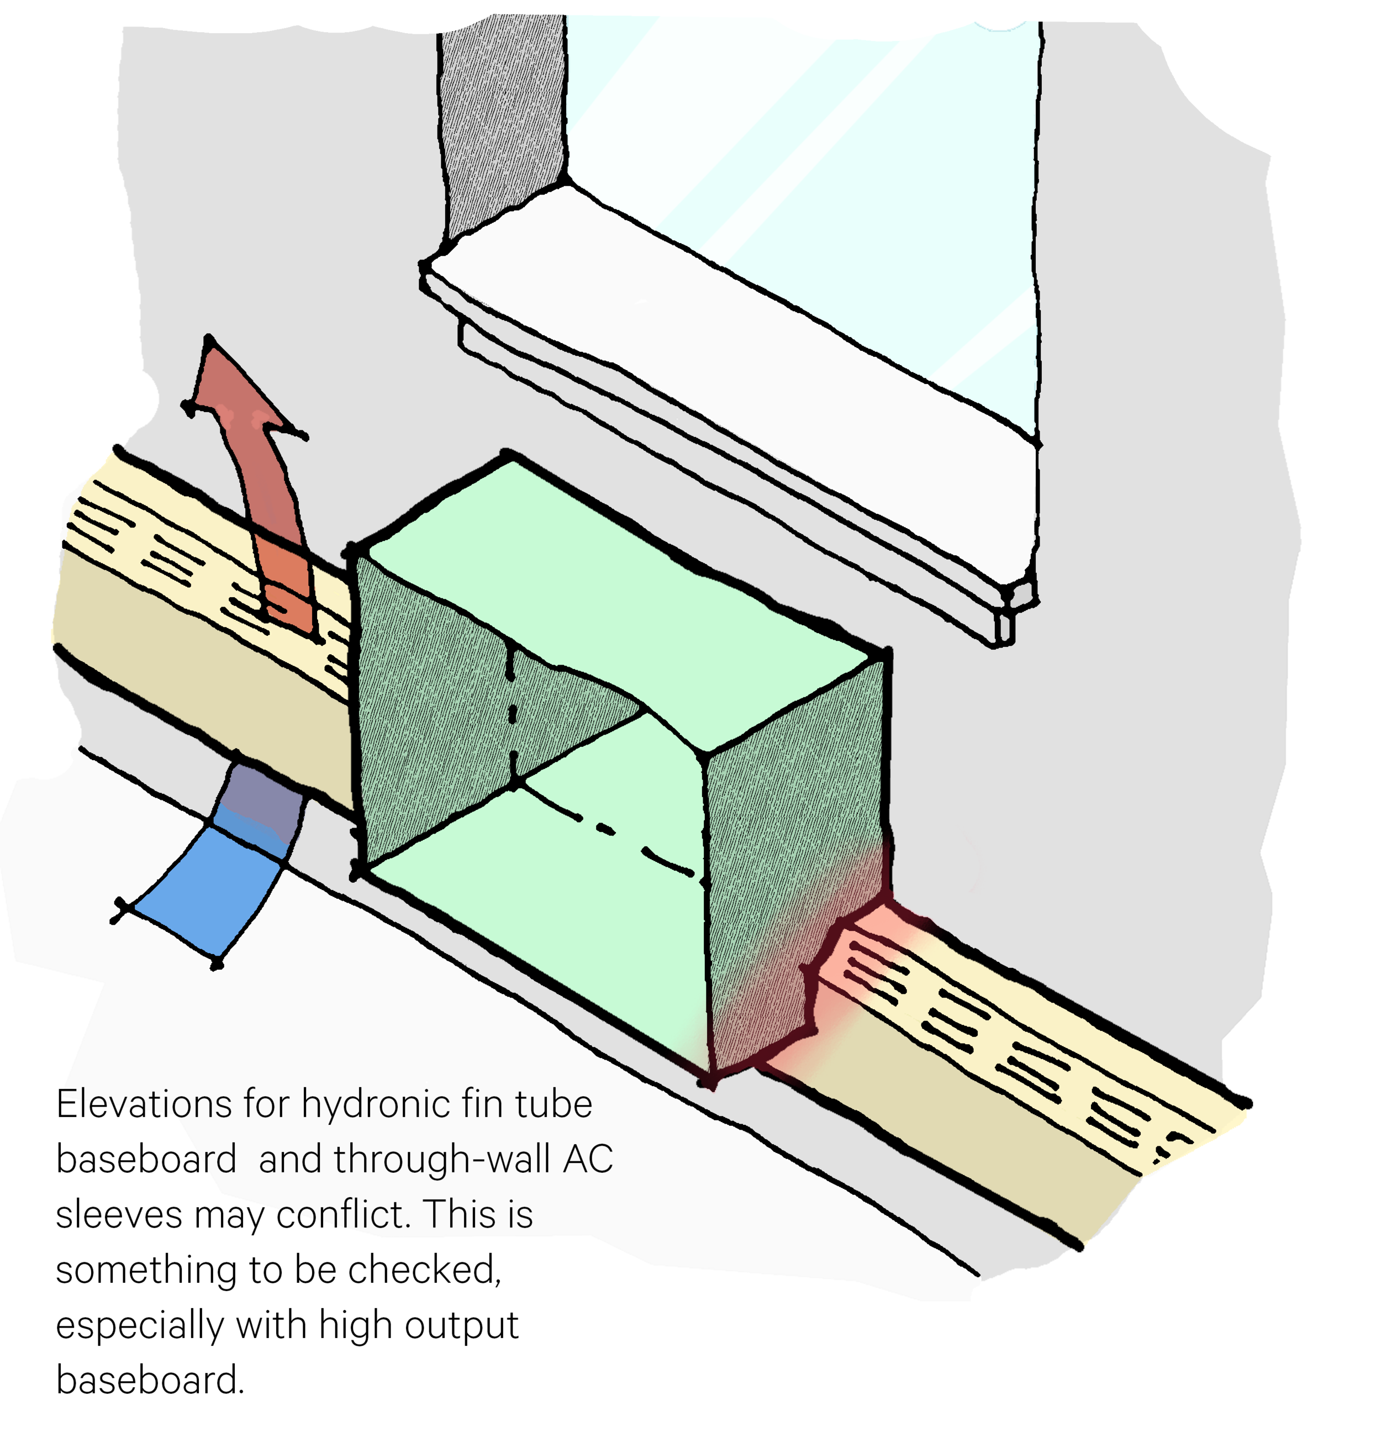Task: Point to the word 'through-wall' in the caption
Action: click(442, 1159)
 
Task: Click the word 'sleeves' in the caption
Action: click(118, 1215)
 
